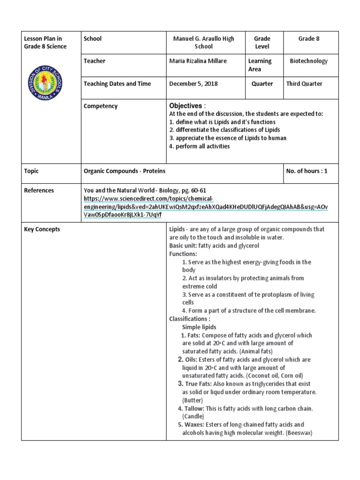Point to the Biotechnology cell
pyautogui.click(x=309, y=61)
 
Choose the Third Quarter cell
pyautogui.click(x=304, y=84)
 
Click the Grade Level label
pyautogui.click(x=262, y=43)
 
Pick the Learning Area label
pyautogui.click(x=260, y=65)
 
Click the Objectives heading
pyautogui.click(x=186, y=106)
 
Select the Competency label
pyautogui.click(x=100, y=106)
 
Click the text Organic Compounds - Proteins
pyautogui.click(x=124, y=171)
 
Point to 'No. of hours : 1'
pyautogui.click(x=307, y=171)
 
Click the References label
pyautogui.click(x=39, y=190)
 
